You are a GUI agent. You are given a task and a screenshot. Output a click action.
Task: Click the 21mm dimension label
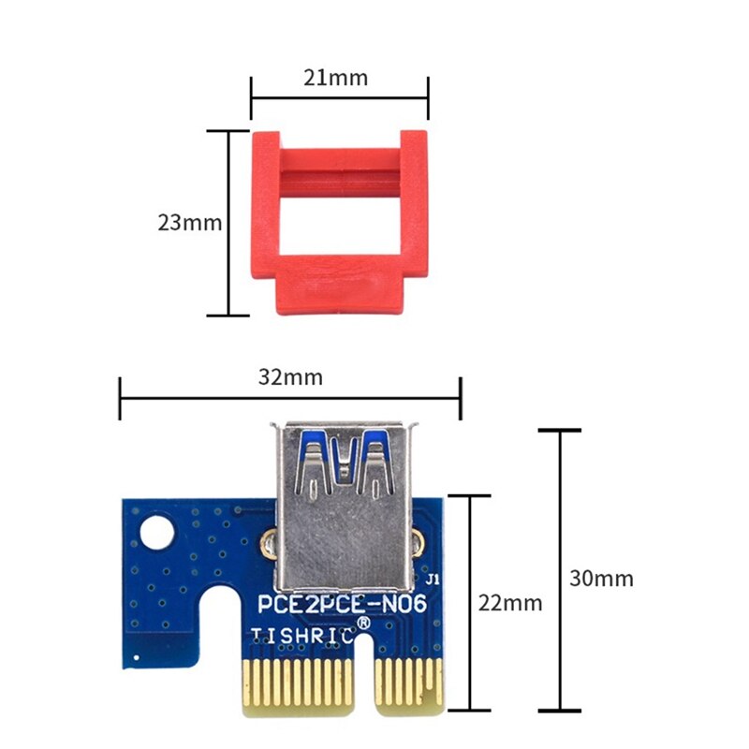pyautogui.click(x=336, y=78)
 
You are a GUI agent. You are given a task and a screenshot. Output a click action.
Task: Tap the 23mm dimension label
pyautogui.click(x=189, y=223)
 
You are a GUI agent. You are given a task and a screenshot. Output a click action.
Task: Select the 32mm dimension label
pyautogui.click(x=290, y=377)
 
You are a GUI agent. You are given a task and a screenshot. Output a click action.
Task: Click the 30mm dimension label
pyautogui.click(x=601, y=578)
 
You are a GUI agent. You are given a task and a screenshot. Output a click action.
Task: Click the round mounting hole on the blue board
pyautogui.click(x=154, y=536)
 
